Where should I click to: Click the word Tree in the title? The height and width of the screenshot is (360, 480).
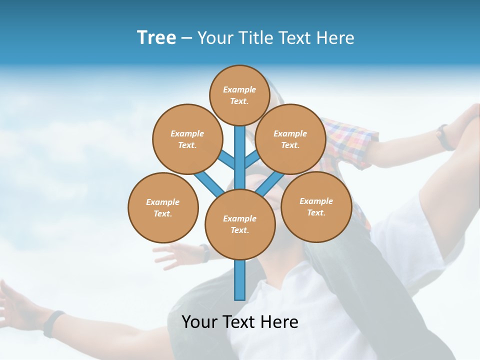tap(156, 38)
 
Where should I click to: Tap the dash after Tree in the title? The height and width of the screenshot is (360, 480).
tap(186, 38)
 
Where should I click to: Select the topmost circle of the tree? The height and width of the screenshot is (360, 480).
tap(239, 95)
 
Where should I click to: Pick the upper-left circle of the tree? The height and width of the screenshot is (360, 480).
tap(187, 139)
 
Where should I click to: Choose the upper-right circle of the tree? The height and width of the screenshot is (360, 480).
tap(290, 139)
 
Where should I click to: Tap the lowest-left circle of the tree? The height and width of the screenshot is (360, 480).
tap(163, 207)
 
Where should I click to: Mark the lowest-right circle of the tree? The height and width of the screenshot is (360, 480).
tap(316, 206)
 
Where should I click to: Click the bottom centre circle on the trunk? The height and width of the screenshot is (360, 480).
tap(240, 224)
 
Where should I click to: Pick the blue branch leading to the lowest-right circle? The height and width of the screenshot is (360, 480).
tap(270, 183)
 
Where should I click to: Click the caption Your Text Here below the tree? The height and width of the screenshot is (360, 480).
tap(240, 321)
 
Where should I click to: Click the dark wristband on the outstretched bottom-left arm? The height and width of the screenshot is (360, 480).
tap(53, 323)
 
